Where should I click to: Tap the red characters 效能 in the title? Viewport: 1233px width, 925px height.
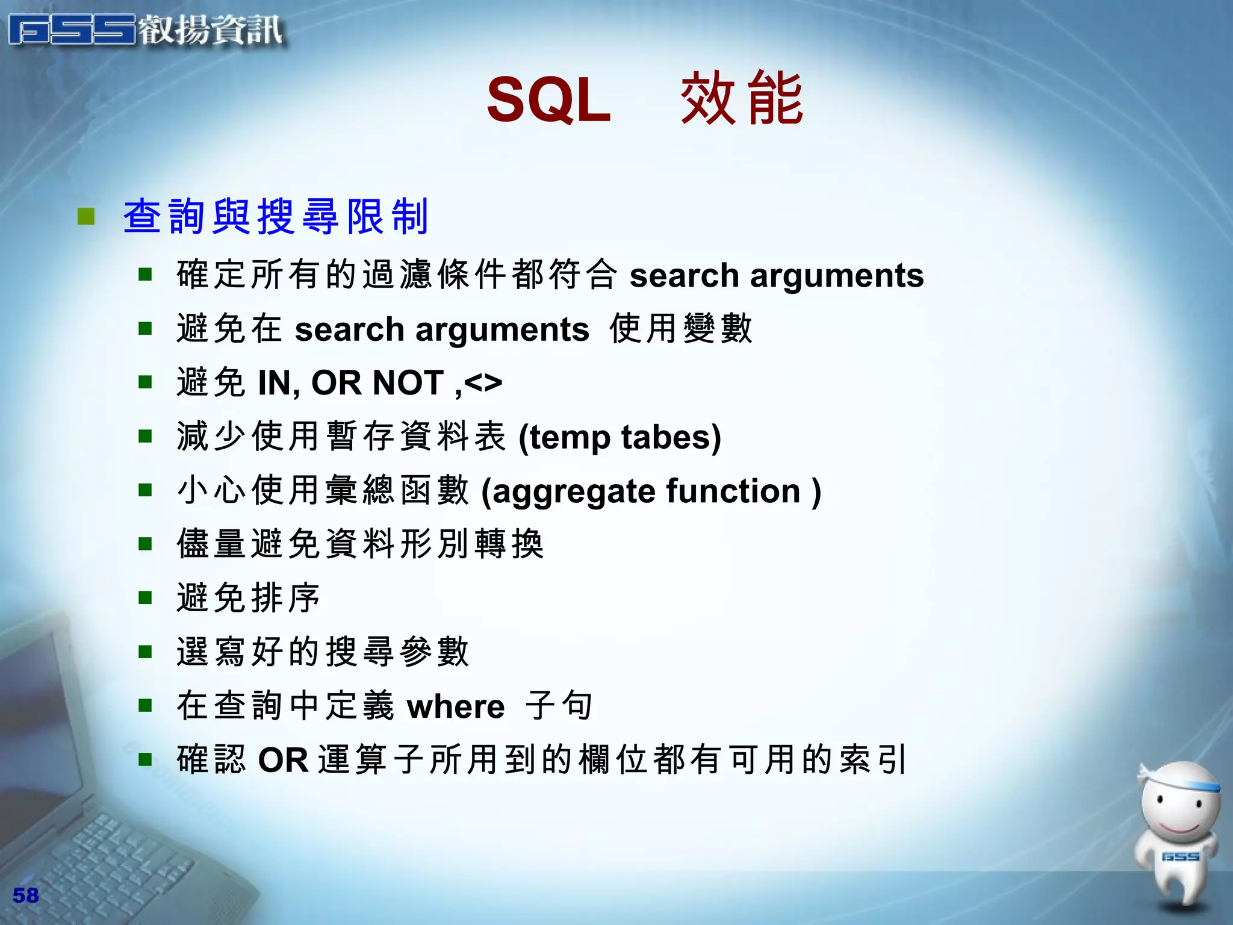(742, 99)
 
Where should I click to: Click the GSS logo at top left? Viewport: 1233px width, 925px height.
(144, 30)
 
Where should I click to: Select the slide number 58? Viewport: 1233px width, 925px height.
(25, 895)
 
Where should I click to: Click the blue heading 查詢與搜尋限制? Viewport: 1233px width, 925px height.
(276, 217)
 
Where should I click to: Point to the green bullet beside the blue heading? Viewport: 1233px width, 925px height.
(86, 216)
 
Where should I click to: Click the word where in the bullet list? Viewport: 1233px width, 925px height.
(456, 706)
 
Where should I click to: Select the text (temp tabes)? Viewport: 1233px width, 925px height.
(620, 437)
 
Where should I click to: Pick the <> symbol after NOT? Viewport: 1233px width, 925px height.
(483, 383)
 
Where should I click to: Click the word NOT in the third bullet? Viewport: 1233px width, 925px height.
(408, 383)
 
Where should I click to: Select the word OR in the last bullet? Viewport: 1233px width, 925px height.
(283, 760)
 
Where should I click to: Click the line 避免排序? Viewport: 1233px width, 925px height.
(247, 598)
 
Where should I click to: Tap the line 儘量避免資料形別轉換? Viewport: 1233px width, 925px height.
(360, 544)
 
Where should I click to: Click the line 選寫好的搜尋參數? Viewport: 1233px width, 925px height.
(322, 652)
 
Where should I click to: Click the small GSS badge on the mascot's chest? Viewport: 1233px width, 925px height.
(1180, 856)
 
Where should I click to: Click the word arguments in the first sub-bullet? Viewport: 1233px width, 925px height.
(836, 276)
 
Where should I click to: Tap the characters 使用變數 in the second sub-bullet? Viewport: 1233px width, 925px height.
(680, 329)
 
